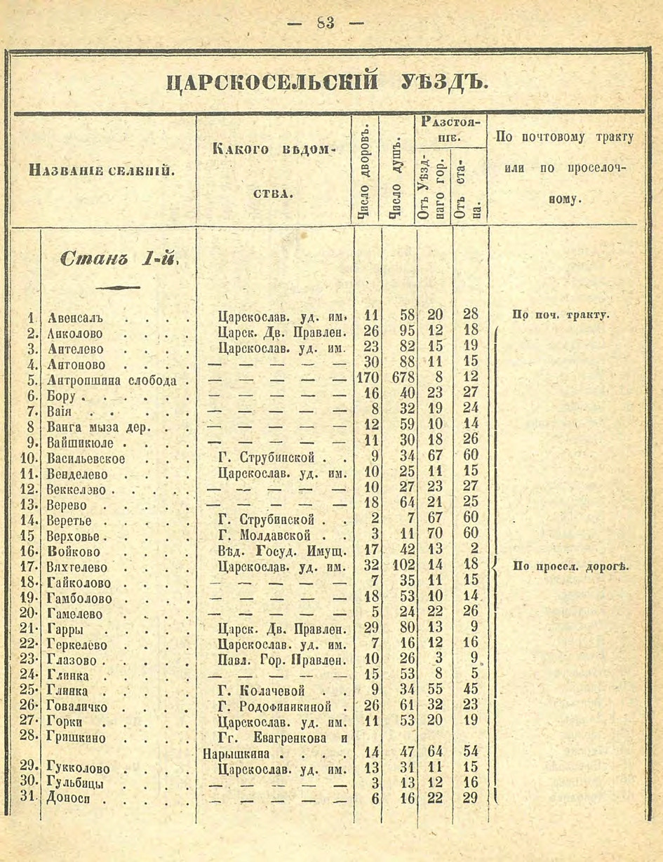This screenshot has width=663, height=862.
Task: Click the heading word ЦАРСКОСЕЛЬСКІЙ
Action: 274,83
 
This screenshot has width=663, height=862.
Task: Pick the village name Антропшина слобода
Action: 112,380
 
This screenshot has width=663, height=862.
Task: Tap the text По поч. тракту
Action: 561,315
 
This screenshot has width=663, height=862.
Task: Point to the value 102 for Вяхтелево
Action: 397,567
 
